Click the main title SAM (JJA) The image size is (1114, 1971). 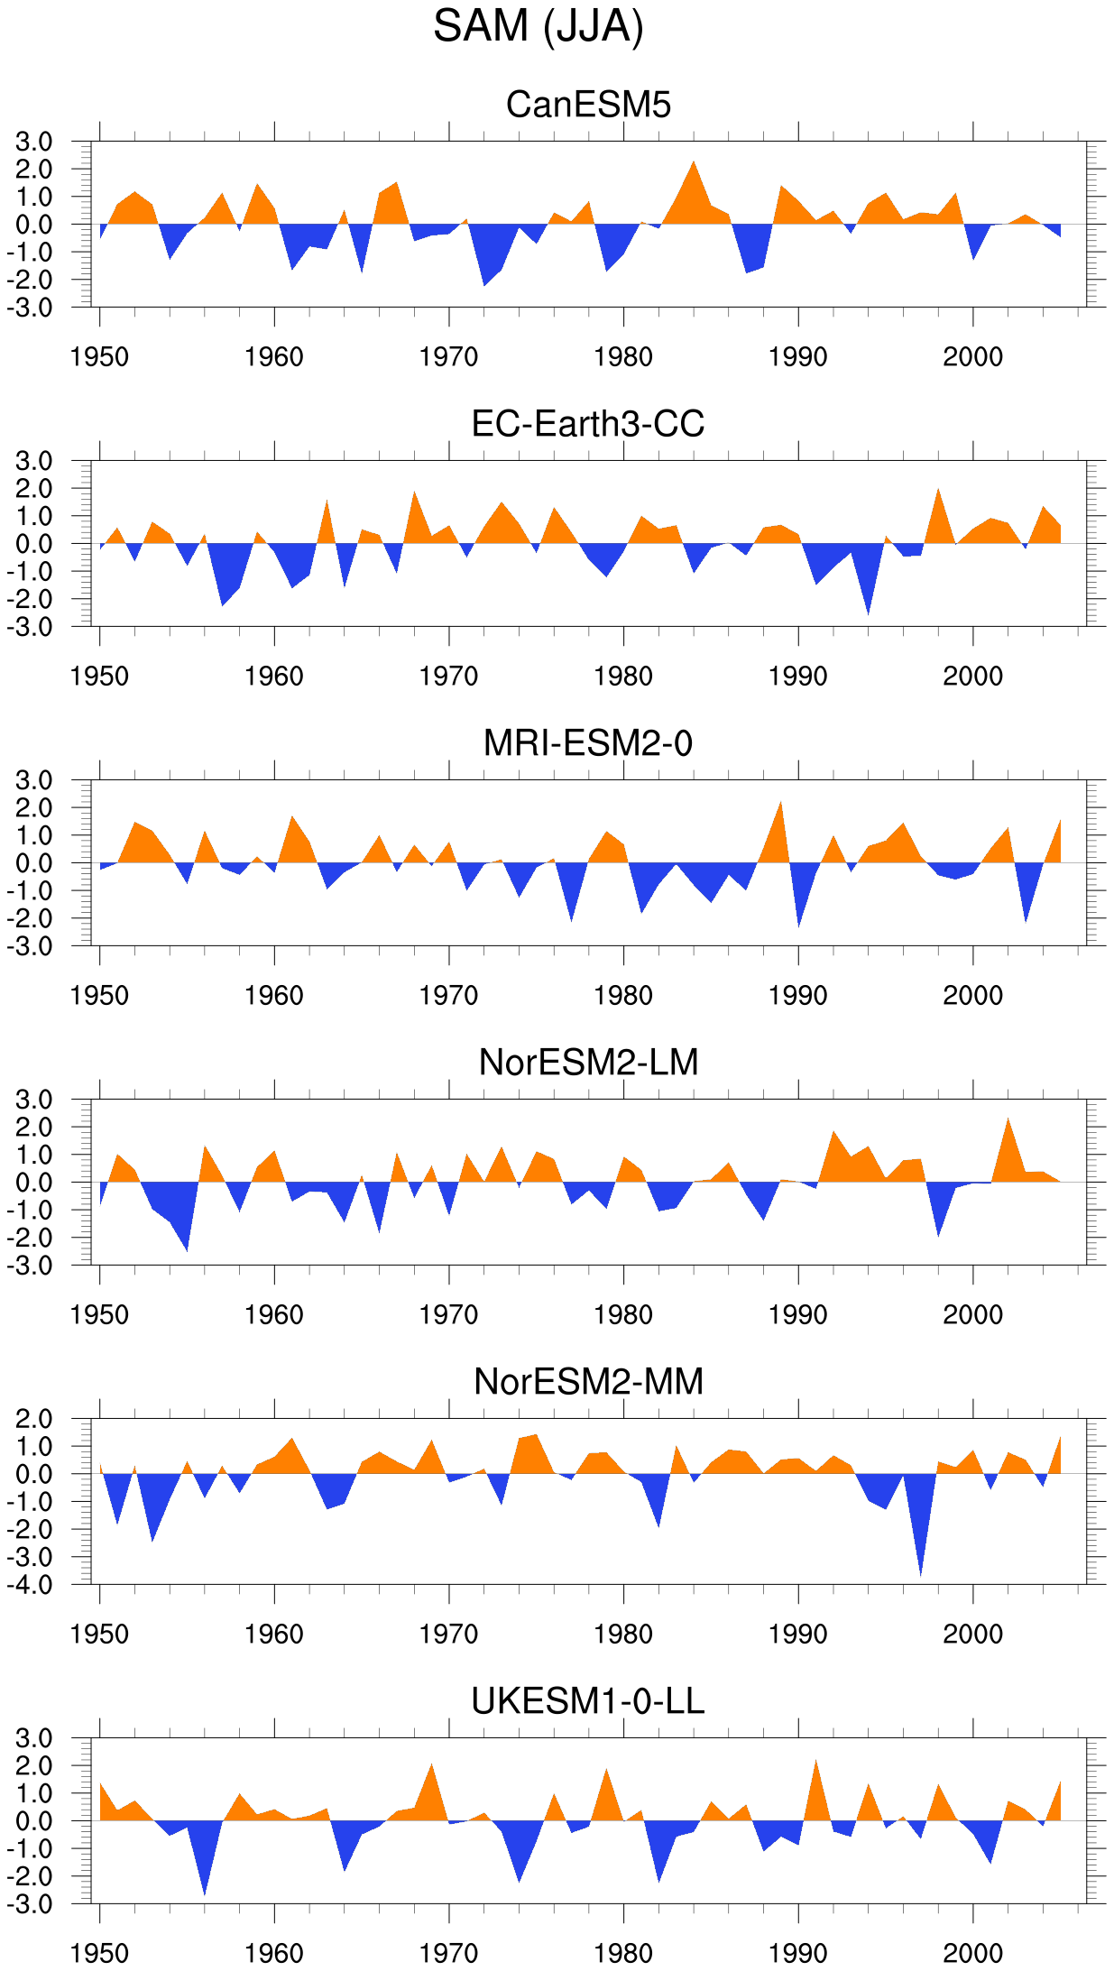coord(539,27)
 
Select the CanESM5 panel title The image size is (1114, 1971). coord(588,105)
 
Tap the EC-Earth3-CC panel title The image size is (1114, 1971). coord(588,424)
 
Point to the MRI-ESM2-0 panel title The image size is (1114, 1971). coord(588,743)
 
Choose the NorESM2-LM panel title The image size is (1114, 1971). coord(588,1063)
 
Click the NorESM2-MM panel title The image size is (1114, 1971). coord(588,1382)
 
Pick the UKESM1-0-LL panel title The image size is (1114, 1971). coord(588,1701)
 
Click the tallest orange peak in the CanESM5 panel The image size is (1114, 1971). coord(694,162)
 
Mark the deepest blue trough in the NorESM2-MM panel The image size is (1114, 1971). coord(920,1575)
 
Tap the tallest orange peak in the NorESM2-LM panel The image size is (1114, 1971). coord(1008,1119)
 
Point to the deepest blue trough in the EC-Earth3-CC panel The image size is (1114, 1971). coord(868,614)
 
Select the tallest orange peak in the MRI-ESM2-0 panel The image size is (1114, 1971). coord(781,802)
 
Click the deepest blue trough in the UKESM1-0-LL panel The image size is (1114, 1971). coord(205,1893)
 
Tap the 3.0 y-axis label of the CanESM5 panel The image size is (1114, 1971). coord(34,142)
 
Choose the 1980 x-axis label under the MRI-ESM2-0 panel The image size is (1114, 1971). coord(623,996)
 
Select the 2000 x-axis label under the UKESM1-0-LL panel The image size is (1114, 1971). coord(972,1954)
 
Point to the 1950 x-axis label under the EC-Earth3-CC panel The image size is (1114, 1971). coord(99,677)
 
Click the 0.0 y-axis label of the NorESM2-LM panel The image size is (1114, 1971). coord(34,1183)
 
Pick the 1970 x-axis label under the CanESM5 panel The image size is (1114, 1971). coord(448,357)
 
